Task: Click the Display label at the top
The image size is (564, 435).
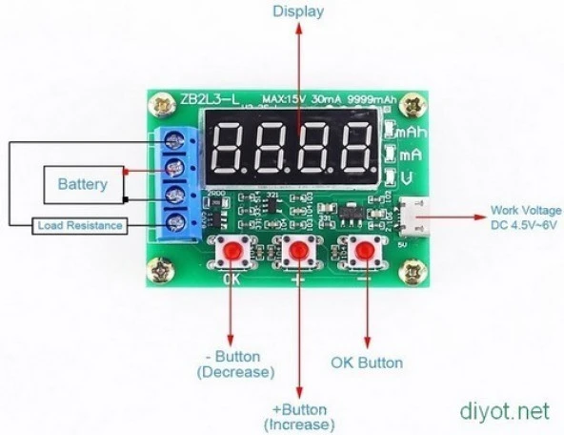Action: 298,12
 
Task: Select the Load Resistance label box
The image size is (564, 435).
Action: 79,226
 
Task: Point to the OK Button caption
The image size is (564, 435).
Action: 366,362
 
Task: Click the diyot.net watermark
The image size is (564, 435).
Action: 505,412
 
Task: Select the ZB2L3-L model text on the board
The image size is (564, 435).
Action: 207,99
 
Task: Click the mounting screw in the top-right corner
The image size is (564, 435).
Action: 413,105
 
